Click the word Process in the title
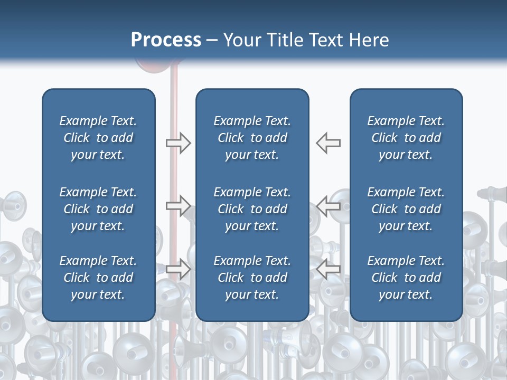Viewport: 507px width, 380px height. click(x=166, y=40)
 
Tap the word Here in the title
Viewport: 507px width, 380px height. click(x=369, y=40)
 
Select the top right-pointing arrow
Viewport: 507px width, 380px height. click(x=178, y=142)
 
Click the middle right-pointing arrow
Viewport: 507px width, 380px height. click(x=178, y=206)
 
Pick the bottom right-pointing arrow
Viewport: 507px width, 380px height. click(x=178, y=269)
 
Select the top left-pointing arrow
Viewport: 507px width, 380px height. click(x=328, y=142)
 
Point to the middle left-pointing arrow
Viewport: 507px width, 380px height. click(x=328, y=206)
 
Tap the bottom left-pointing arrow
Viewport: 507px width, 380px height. click(x=328, y=269)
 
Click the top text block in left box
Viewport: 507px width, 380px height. click(x=98, y=138)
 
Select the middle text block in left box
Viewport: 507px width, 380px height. click(x=98, y=209)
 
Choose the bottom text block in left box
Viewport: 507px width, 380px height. click(x=98, y=278)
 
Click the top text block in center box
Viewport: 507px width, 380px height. click(x=252, y=138)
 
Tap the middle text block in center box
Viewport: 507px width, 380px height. click(x=252, y=209)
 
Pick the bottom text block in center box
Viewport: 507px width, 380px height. click(x=252, y=278)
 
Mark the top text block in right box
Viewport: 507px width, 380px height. click(x=406, y=138)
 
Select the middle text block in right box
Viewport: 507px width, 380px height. click(x=406, y=209)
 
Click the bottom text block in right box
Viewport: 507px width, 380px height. click(x=406, y=278)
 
